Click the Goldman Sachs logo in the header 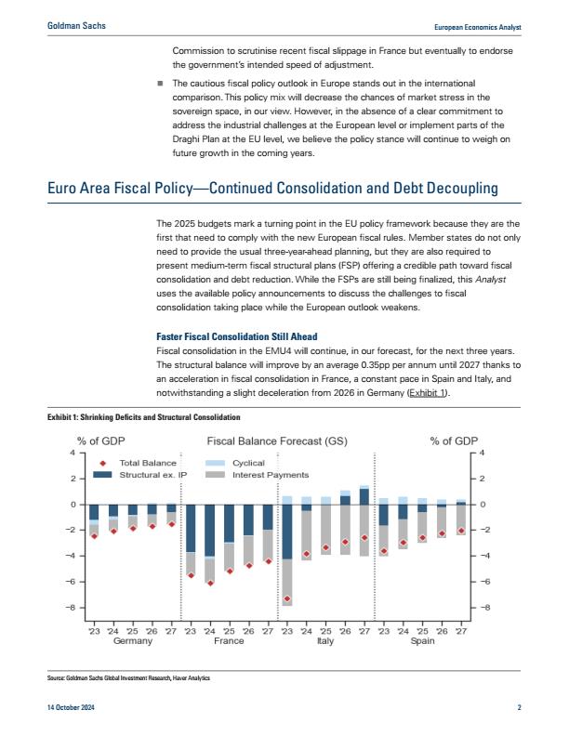pos(76,26)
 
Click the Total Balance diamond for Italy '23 pos(287,599)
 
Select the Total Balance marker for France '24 pos(210,583)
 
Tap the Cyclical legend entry pos(235,463)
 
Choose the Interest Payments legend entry pos(258,475)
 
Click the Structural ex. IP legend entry pos(139,475)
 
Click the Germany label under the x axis pos(133,641)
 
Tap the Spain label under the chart pos(422,641)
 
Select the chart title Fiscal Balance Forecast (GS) pos(277,441)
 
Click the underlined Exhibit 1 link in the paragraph pos(428,393)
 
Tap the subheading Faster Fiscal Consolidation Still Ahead pos(236,336)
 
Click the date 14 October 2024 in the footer pos(71,707)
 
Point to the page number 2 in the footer pos(519,707)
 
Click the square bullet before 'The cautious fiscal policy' pos(160,84)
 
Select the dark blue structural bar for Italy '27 pos(364,496)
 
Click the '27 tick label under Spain pos(461,631)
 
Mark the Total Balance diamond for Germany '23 pos(94,535)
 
